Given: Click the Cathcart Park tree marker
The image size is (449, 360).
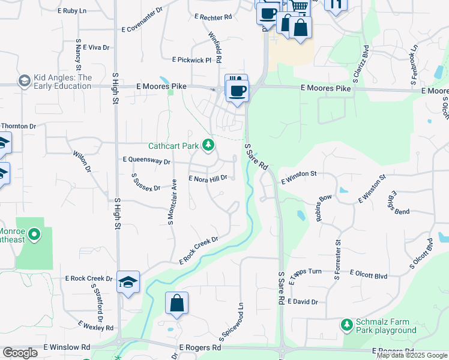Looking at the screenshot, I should tap(208, 145).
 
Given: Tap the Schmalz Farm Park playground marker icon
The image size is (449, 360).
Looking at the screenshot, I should tap(346, 325).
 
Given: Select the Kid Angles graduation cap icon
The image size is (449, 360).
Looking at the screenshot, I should tap(25, 80).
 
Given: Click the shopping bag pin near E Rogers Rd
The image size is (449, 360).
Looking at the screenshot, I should tap(177, 304).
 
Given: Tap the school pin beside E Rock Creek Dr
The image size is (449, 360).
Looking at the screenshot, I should tap(128, 282).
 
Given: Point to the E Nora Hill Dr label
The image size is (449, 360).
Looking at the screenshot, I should tap(208, 178).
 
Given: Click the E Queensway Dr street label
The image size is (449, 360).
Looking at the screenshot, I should tap(146, 161).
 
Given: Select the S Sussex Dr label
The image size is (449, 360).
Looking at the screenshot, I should tap(146, 182).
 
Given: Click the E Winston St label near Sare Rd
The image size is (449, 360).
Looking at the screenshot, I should tap(298, 175).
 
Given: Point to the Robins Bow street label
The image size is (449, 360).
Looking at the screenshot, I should tap(324, 208).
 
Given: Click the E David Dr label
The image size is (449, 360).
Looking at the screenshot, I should tap(303, 301).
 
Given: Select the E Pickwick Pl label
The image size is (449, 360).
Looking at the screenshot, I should tap(192, 60).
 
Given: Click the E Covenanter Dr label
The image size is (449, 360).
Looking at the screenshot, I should tap(142, 28).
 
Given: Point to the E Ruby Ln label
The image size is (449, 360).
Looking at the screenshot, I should tap(72, 11).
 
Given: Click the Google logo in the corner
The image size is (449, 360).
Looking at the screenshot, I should tap(20, 353).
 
